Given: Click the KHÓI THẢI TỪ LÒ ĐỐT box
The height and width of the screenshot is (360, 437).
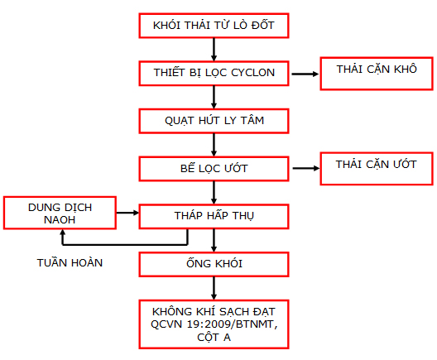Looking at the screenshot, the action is click(x=214, y=26).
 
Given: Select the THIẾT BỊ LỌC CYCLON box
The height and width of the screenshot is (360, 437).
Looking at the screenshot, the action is click(x=214, y=74).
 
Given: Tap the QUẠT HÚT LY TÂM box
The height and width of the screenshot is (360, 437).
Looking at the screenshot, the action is click(x=214, y=121).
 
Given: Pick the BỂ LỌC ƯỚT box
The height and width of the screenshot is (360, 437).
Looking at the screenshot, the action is click(x=214, y=169).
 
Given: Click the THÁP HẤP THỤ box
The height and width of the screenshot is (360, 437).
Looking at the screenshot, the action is click(x=214, y=217).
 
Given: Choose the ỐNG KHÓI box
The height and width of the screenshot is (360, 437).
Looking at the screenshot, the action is click(x=214, y=265).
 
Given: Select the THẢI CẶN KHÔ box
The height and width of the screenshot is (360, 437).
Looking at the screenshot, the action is click(x=377, y=74).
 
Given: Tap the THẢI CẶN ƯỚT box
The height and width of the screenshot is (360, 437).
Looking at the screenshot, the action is click(x=377, y=169).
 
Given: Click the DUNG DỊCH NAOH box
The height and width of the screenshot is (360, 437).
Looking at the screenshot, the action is click(x=60, y=213).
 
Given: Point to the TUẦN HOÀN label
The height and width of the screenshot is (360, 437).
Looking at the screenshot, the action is click(x=70, y=262).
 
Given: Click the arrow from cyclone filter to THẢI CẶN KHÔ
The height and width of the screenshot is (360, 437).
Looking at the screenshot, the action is click(x=305, y=74).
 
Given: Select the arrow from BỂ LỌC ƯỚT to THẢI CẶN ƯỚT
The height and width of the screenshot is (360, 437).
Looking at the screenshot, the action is click(x=306, y=168).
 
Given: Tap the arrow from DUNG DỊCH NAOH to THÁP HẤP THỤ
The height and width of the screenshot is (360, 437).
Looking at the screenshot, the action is click(x=127, y=213).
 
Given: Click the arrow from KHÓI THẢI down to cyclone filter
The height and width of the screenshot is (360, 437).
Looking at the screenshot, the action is click(x=214, y=50).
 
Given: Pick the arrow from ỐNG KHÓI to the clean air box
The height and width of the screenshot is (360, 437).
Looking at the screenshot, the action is click(x=214, y=288).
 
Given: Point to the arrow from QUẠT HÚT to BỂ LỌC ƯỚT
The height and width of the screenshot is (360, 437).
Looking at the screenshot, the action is click(x=214, y=145).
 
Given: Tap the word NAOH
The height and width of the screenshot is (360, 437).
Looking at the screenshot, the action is click(x=60, y=220).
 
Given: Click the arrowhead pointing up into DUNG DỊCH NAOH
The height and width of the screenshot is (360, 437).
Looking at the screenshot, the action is click(x=63, y=233).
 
